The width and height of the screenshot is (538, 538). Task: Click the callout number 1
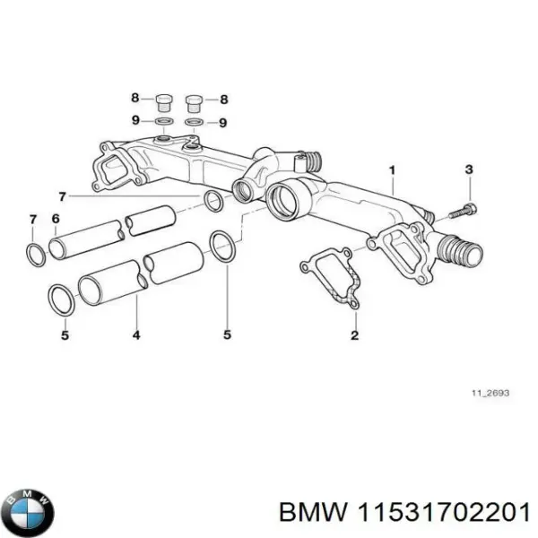pos(391,169)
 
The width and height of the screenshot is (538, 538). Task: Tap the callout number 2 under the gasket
pos(354,335)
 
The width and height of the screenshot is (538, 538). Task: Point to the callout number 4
pos(136,335)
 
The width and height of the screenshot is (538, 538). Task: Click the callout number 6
pos(56,220)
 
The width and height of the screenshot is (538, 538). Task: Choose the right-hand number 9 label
pos(224,122)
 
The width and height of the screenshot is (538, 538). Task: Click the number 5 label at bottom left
pos(64,335)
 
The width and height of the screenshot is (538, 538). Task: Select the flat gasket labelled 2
pos(331,277)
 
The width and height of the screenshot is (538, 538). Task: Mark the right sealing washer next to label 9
pos(194,123)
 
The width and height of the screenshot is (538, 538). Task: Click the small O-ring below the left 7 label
pos(33,254)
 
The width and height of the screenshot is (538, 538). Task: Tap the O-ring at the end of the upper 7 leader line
pos(213,201)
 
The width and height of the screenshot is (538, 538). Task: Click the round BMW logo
pos(28,514)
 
